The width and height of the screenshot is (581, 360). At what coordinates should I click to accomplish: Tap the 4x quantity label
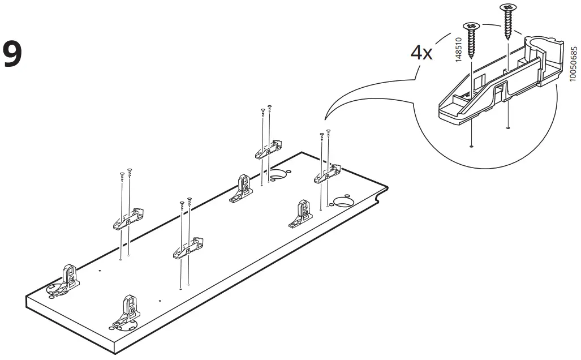pyautogui.click(x=421, y=53)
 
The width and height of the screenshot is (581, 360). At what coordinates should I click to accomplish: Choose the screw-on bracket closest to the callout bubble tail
pyautogui.click(x=328, y=174)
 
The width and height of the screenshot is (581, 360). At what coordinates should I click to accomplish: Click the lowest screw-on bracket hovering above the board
pyautogui.click(x=188, y=248)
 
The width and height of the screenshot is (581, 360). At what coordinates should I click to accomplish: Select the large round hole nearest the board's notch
pyautogui.click(x=343, y=200)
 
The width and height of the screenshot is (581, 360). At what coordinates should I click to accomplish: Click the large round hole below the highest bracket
pyautogui.click(x=278, y=176)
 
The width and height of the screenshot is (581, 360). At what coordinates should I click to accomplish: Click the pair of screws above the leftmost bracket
pyautogui.click(x=126, y=173)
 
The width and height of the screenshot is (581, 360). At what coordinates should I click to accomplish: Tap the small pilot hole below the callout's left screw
pyautogui.click(x=471, y=145)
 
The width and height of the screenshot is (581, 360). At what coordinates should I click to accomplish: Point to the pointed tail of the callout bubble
pyautogui.click(x=324, y=119)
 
